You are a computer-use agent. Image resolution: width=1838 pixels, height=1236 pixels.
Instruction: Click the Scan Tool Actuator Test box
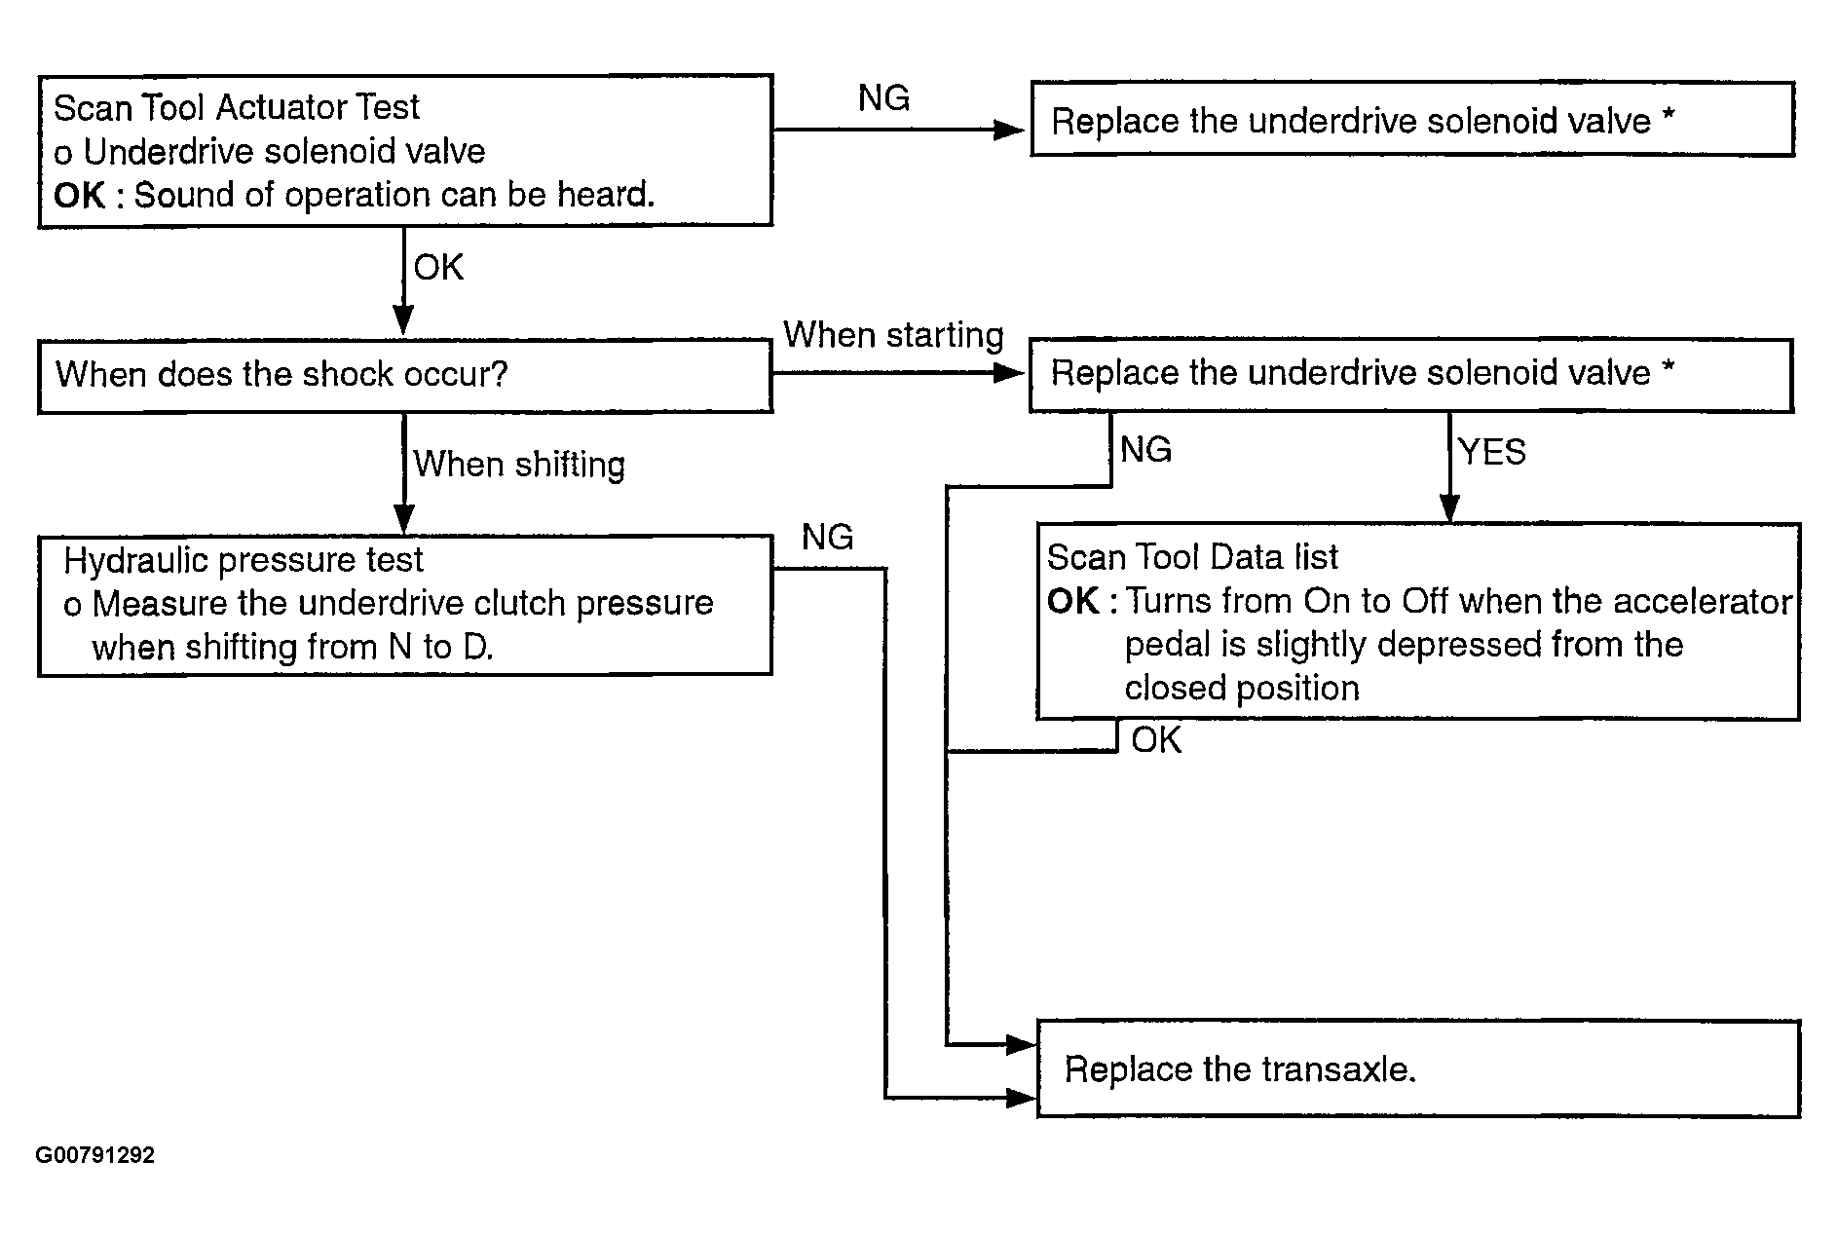[x=405, y=151]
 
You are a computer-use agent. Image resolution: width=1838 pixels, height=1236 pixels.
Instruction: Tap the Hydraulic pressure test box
[x=405, y=605]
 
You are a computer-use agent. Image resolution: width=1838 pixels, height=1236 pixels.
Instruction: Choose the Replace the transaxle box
[x=1418, y=1068]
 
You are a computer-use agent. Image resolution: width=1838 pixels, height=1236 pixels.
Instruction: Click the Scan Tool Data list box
[x=1418, y=621]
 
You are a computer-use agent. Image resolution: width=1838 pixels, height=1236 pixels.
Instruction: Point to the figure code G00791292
[x=95, y=1155]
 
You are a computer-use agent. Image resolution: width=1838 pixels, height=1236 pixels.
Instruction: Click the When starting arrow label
[x=893, y=335]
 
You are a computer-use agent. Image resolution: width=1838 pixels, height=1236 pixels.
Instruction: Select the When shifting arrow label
[x=519, y=465]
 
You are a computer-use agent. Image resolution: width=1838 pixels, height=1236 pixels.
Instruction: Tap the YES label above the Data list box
[x=1491, y=452]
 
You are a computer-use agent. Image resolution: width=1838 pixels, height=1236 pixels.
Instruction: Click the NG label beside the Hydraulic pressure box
[x=827, y=537]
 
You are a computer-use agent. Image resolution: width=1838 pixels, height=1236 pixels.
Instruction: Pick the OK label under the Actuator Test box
[x=438, y=267]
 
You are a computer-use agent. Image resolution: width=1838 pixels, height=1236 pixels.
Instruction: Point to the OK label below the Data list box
[x=1156, y=740]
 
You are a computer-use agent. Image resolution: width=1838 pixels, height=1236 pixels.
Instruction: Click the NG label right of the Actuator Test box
[x=883, y=97]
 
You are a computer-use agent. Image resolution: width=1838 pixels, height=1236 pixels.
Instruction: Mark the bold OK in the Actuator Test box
[x=80, y=196]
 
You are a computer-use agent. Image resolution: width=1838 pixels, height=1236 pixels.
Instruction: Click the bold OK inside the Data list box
[x=1073, y=601]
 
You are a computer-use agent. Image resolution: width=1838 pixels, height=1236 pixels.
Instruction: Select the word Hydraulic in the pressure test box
[x=137, y=560]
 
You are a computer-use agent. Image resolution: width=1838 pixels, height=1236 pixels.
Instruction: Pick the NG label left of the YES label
[x=1145, y=450]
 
